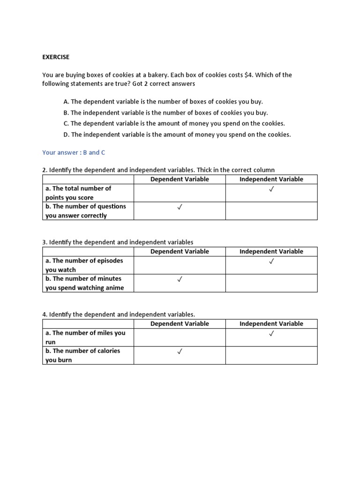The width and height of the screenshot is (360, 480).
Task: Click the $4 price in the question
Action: coord(248,75)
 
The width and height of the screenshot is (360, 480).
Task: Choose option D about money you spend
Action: coord(177,135)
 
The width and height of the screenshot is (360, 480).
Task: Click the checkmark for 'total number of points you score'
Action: coord(271,189)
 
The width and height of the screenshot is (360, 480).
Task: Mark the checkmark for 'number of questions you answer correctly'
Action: coord(180,207)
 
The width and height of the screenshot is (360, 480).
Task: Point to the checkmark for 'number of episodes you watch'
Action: coord(271,261)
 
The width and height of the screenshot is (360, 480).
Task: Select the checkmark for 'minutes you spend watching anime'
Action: coord(180,279)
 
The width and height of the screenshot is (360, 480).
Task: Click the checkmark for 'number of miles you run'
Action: coord(271,333)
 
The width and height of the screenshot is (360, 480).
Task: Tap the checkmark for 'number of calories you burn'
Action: coord(180,351)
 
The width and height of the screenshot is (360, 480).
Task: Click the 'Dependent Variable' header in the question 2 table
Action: coord(180,179)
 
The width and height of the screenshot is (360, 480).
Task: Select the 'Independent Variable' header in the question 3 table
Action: coord(271,251)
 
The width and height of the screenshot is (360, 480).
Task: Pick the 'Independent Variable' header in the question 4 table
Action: coord(271,323)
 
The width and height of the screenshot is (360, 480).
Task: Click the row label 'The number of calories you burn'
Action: coord(82,355)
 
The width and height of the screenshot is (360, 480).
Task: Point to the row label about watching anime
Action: coord(84,283)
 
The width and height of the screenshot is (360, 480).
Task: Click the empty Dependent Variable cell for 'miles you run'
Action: coord(180,337)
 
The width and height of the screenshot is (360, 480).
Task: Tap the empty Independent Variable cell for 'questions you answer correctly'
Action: coord(271,211)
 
